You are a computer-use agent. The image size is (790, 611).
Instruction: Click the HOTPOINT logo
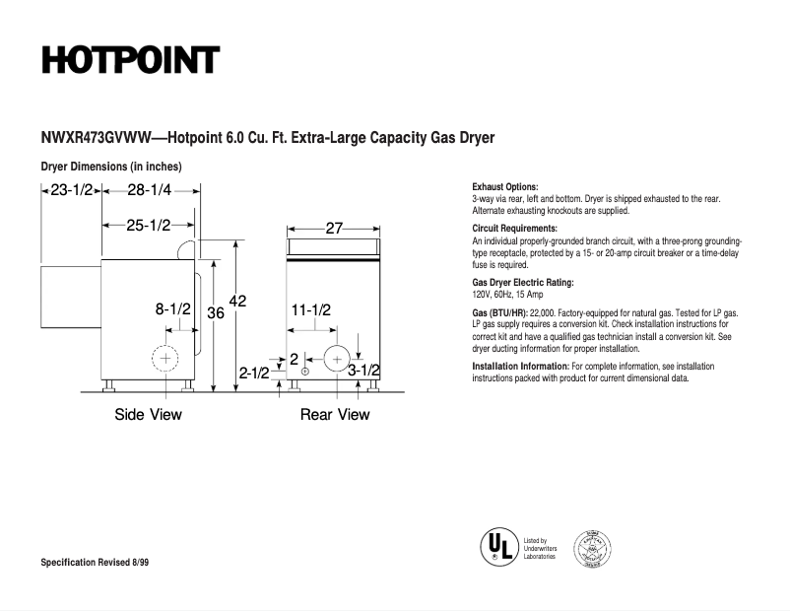tap(129, 60)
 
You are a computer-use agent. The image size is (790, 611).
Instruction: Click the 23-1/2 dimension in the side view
tap(70, 190)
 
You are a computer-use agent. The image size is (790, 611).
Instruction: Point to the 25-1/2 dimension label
tap(148, 226)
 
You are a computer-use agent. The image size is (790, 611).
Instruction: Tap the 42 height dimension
tap(237, 301)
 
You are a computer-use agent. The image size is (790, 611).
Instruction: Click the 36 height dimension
tap(216, 312)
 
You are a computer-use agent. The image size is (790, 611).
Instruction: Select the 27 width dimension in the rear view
tap(334, 229)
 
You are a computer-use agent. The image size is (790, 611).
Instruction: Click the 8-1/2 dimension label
tap(172, 309)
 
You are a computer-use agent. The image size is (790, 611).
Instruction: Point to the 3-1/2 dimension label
tap(363, 371)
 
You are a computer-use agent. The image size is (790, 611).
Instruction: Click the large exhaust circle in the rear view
tap(338, 358)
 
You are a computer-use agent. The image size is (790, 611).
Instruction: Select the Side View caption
tap(148, 415)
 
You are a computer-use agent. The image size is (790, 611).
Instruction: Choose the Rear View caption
tap(335, 415)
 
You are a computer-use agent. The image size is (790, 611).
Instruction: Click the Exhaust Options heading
tap(505, 187)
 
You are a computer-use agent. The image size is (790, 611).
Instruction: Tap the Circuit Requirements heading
tap(513, 229)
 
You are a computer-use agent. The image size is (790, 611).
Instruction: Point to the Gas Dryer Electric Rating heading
tap(523, 283)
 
